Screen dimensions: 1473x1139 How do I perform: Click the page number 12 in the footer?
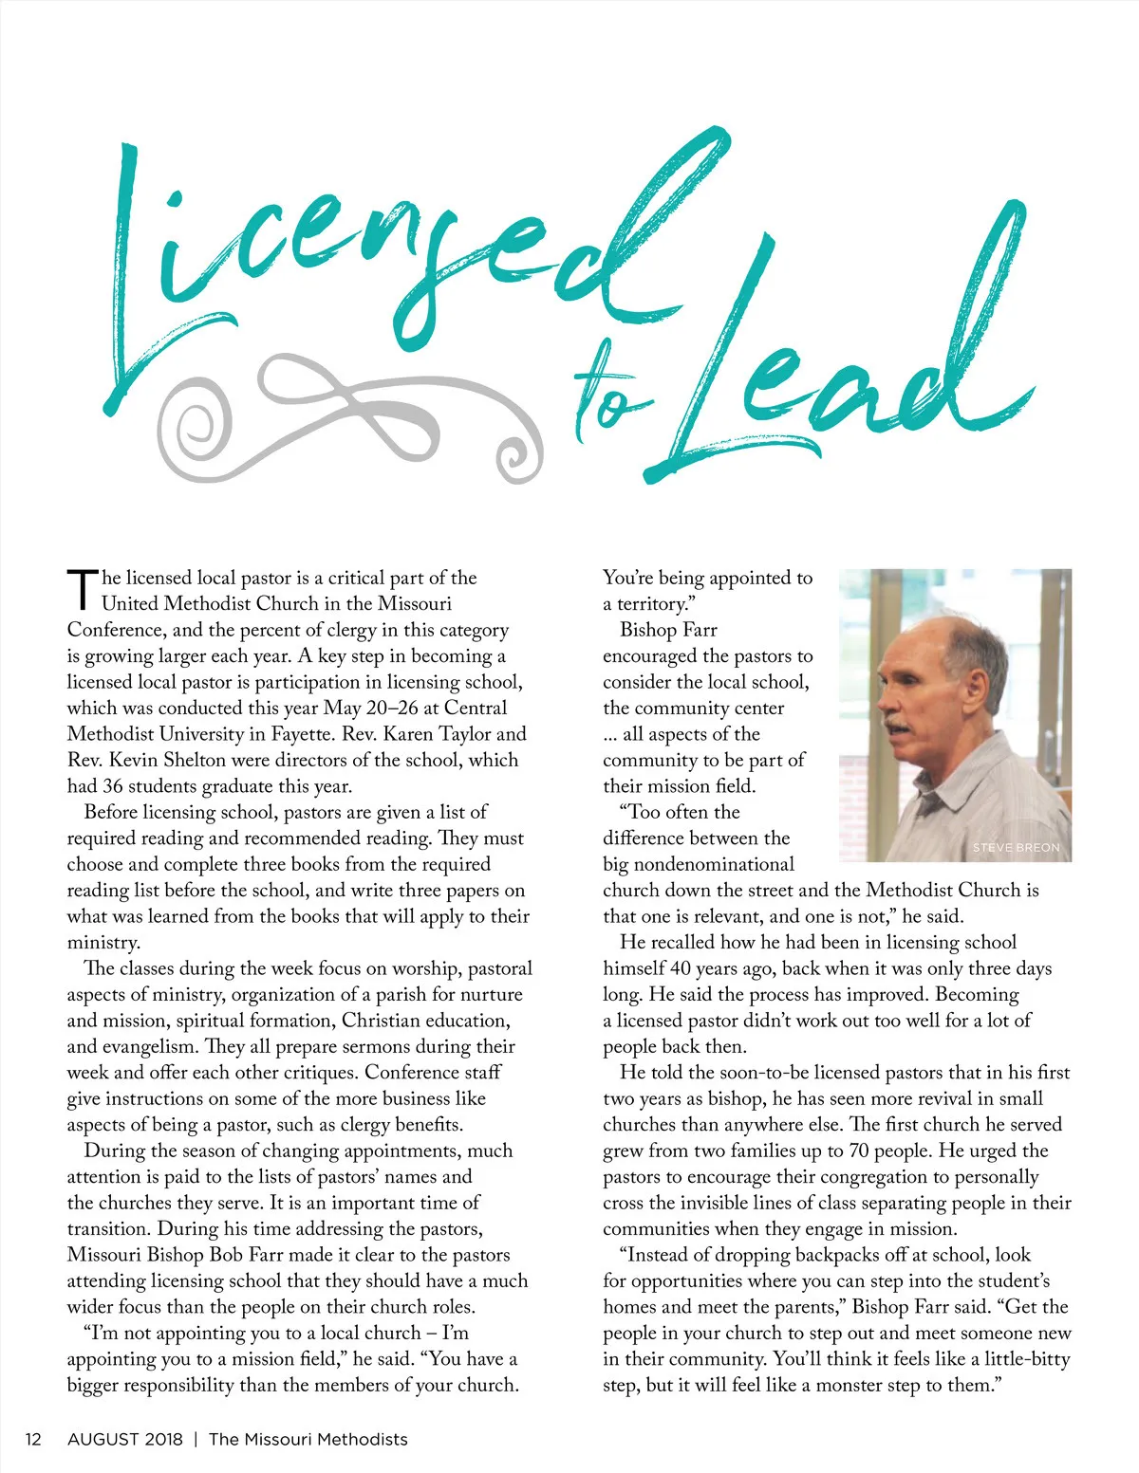point(33,1439)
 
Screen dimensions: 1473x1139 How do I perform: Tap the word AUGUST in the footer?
point(103,1439)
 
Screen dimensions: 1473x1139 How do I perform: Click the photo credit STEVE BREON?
point(1016,847)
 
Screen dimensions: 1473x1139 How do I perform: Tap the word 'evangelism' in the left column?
point(147,1046)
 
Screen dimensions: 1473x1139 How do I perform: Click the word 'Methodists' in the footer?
point(362,1439)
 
